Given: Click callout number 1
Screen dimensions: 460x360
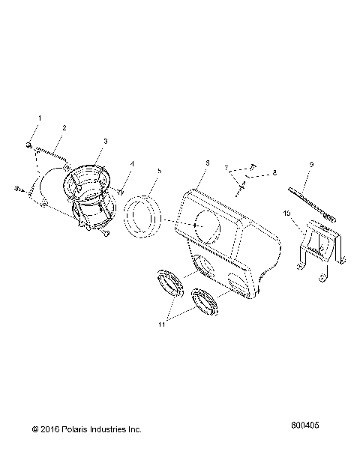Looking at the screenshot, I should (x=40, y=118).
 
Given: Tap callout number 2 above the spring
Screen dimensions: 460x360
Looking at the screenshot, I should (x=64, y=127).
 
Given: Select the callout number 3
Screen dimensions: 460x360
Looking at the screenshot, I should (x=106, y=140).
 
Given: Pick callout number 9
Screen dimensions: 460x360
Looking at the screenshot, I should (x=309, y=163).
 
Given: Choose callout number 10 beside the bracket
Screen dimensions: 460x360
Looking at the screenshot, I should (x=288, y=214).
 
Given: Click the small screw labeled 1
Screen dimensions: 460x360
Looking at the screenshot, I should (x=28, y=144).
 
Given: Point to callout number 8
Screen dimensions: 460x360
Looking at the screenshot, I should (x=274, y=173).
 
